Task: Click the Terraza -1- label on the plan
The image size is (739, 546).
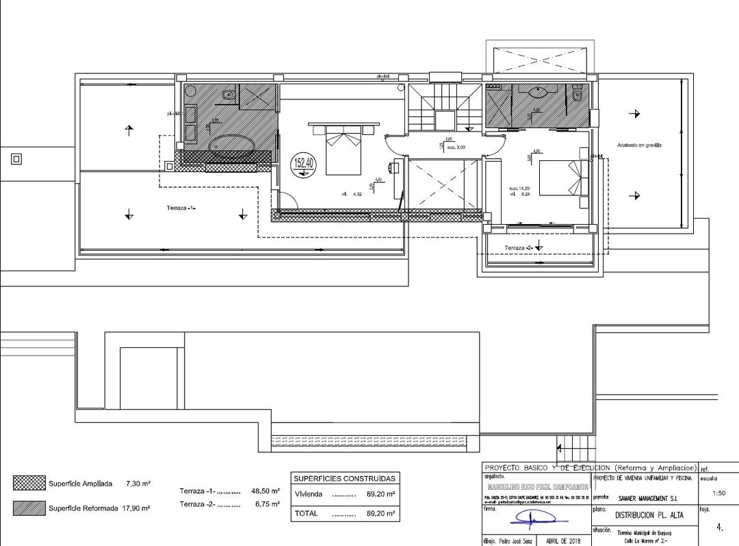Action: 181,208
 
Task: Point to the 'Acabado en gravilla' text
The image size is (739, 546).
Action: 640,145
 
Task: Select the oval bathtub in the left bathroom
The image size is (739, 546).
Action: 232,145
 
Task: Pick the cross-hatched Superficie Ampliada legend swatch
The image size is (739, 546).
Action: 29,483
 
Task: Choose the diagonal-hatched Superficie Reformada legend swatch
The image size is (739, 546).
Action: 29,508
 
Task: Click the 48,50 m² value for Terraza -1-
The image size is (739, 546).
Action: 265,491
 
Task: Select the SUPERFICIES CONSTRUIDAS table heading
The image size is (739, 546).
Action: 344,478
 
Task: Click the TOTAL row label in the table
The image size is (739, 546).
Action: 305,513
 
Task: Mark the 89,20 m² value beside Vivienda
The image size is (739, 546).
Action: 381,494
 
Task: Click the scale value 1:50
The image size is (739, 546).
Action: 718,493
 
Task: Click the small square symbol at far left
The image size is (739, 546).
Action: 16,159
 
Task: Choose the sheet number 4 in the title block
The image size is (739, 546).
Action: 719,528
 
